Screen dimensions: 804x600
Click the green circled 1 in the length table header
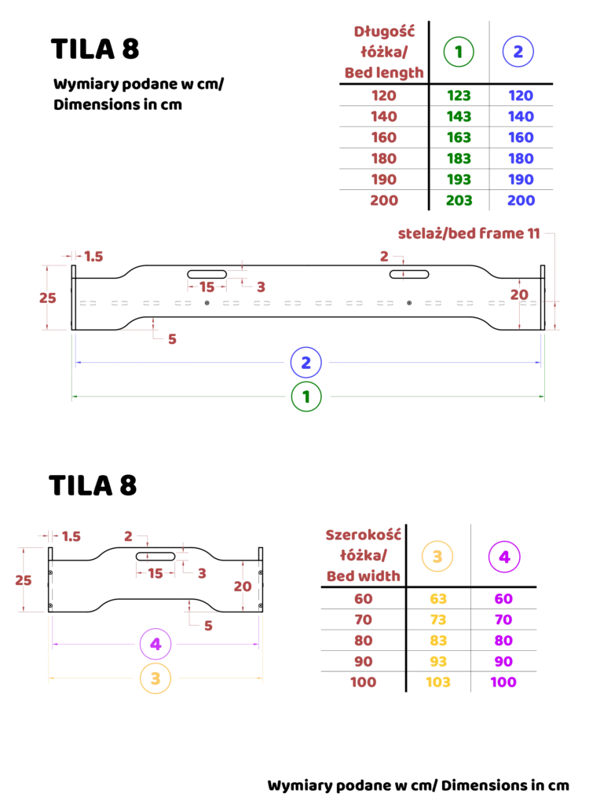click(x=459, y=52)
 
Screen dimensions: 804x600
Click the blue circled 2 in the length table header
click(x=518, y=52)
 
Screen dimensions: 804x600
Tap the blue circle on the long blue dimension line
click(x=305, y=362)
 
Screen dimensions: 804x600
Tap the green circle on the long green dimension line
click(x=306, y=397)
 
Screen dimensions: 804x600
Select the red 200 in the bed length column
click(x=385, y=201)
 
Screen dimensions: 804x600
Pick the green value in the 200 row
click(x=460, y=201)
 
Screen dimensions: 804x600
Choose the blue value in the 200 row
click(x=521, y=201)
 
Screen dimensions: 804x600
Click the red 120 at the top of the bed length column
click(x=385, y=96)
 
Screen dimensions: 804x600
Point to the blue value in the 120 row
click(x=521, y=96)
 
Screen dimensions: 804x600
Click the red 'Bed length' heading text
click(x=384, y=73)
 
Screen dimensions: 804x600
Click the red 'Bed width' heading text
click(x=364, y=576)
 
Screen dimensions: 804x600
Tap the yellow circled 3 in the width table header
click(x=437, y=557)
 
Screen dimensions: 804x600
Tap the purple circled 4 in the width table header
click(x=503, y=557)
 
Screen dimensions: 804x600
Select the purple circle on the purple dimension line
click(x=155, y=644)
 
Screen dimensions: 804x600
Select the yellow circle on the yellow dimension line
click(x=155, y=678)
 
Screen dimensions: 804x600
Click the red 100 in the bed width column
click(x=364, y=682)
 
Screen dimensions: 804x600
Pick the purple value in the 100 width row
click(x=503, y=682)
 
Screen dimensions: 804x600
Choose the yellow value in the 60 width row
click(x=438, y=598)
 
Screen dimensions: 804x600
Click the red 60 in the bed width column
click(x=364, y=598)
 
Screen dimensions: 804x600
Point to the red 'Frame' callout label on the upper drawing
click(x=468, y=234)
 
